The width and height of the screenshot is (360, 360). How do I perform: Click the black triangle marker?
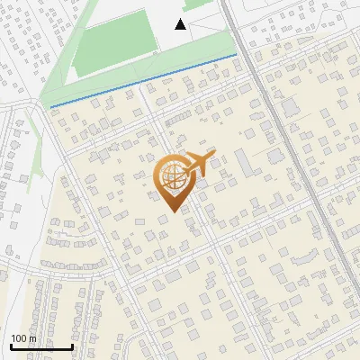tap(181, 24)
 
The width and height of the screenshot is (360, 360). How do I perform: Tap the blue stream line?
tap(144, 81)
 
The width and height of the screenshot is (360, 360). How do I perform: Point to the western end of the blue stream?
tap(51, 106)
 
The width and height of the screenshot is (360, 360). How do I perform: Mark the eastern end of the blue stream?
tap(237, 55)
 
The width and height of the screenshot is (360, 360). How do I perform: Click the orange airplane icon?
tap(200, 163)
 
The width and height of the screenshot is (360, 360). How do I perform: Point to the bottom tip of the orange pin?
tap(172, 212)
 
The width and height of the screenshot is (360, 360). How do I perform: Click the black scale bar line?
tap(41, 346)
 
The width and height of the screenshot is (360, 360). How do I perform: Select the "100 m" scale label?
tap(24, 338)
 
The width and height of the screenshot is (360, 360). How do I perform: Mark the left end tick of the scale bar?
tap(11, 345)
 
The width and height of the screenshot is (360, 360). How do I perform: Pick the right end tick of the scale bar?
tap(72, 345)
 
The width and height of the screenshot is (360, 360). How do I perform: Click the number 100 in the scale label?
tap(20, 338)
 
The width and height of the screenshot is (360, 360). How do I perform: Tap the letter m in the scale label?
tap(33, 338)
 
